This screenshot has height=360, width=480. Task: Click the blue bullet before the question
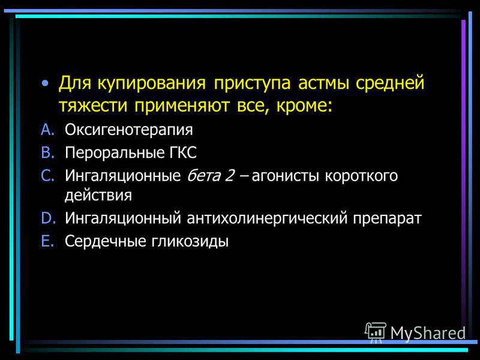click(x=46, y=83)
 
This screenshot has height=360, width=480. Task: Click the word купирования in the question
click(x=152, y=83)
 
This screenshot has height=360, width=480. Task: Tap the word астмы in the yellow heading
click(x=323, y=83)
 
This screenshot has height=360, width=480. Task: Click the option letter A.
click(x=48, y=130)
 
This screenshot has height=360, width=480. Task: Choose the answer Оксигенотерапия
click(x=129, y=130)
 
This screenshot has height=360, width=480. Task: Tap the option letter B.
click(x=48, y=152)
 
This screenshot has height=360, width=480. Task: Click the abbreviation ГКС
click(x=183, y=152)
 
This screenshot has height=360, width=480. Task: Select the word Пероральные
click(x=114, y=153)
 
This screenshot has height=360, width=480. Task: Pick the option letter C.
click(x=48, y=176)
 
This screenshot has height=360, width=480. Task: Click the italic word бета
click(x=203, y=176)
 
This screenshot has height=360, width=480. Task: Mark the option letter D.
click(x=49, y=218)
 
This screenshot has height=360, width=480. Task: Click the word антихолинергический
click(x=267, y=218)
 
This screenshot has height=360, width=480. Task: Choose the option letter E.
click(x=47, y=241)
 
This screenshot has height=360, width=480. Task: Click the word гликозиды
click(x=190, y=241)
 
